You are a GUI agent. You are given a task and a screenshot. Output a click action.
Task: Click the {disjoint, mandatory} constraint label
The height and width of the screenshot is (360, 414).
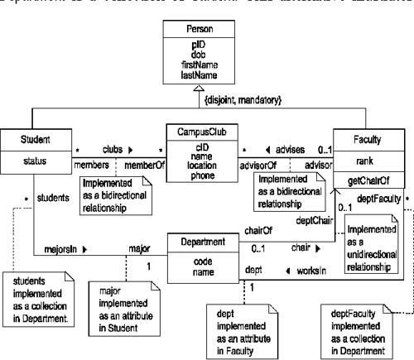click(252, 100)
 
